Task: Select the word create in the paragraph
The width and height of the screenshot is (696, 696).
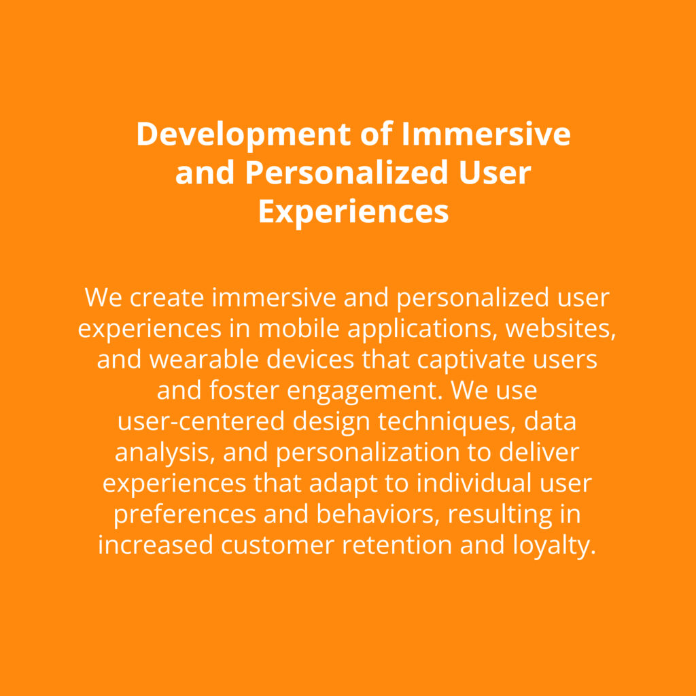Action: [167, 298]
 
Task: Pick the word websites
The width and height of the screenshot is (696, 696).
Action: [561, 329]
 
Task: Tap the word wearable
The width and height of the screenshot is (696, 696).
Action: [204, 360]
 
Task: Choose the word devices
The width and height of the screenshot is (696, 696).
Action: [310, 360]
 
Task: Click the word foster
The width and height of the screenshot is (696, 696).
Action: [244, 391]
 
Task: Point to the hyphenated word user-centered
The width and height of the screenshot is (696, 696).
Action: [201, 421]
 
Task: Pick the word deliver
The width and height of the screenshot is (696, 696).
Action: [539, 452]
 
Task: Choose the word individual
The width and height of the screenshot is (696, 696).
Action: [474, 483]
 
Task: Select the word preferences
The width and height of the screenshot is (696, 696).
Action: [185, 515]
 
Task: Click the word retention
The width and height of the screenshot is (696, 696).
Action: [396, 546]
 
